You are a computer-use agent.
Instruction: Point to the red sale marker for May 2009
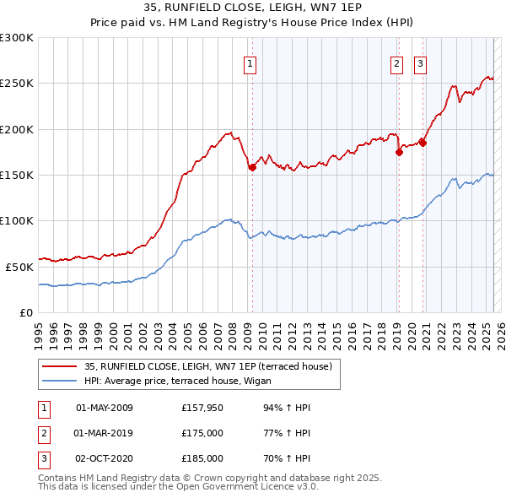pos(251,168)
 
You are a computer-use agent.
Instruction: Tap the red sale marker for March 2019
pos(398,153)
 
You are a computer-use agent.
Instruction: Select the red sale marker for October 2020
pos(423,143)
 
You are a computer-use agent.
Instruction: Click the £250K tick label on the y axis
pos(17,84)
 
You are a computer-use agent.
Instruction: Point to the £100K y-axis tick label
pos(17,220)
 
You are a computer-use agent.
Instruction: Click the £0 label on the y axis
pos(25,312)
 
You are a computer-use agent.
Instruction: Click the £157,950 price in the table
pos(202,408)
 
